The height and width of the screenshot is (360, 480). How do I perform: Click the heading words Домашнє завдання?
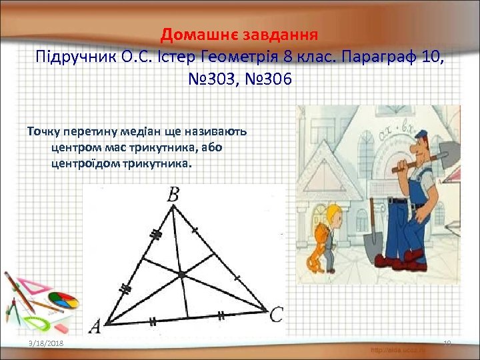pyautogui.click(x=240, y=33)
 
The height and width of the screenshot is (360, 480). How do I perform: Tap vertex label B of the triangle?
pyautogui.click(x=173, y=195)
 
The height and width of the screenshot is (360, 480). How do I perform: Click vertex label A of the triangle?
pyautogui.click(x=95, y=326)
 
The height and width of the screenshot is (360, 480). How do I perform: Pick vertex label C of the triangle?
pyautogui.click(x=276, y=315)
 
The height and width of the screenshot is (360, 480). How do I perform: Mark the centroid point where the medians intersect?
pyautogui.click(x=181, y=275)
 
